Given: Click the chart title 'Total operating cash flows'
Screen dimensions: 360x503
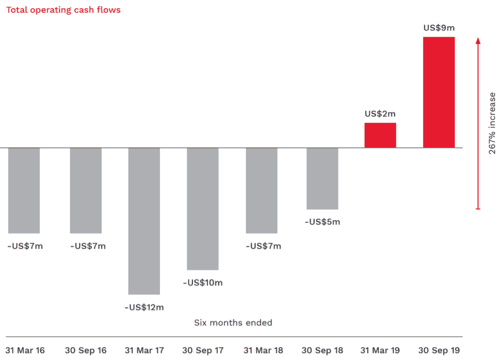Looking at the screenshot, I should [63, 9].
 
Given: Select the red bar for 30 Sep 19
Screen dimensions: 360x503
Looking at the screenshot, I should [439, 92].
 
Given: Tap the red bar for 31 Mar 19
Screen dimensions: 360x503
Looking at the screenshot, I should [380, 135].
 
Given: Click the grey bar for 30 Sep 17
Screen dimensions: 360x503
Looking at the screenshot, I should [203, 208].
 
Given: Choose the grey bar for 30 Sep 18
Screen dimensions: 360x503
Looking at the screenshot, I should [322, 178].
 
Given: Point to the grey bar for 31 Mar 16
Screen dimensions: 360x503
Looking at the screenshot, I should [24, 190].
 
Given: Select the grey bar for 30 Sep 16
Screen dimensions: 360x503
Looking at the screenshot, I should [86, 190].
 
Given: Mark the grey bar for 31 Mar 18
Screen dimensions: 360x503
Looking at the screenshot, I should [262, 190].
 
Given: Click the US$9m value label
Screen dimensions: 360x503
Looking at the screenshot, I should [439, 28].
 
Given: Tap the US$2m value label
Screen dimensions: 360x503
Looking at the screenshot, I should [380, 114].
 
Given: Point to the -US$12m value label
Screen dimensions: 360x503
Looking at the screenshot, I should [144, 307].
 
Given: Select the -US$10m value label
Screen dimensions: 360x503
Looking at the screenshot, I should [203, 283].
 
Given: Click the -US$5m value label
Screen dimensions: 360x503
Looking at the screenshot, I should [322, 222].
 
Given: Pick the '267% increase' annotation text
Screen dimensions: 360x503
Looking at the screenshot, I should [492, 123].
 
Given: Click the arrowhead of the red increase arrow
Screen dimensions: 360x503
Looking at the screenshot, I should [478, 40].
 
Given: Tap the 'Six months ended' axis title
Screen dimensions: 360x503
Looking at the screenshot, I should [233, 323].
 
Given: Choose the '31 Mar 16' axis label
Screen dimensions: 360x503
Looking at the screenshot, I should [25, 351].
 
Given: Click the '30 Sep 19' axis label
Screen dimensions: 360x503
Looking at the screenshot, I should [439, 351].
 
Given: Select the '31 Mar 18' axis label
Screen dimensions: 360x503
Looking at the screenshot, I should [263, 351].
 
